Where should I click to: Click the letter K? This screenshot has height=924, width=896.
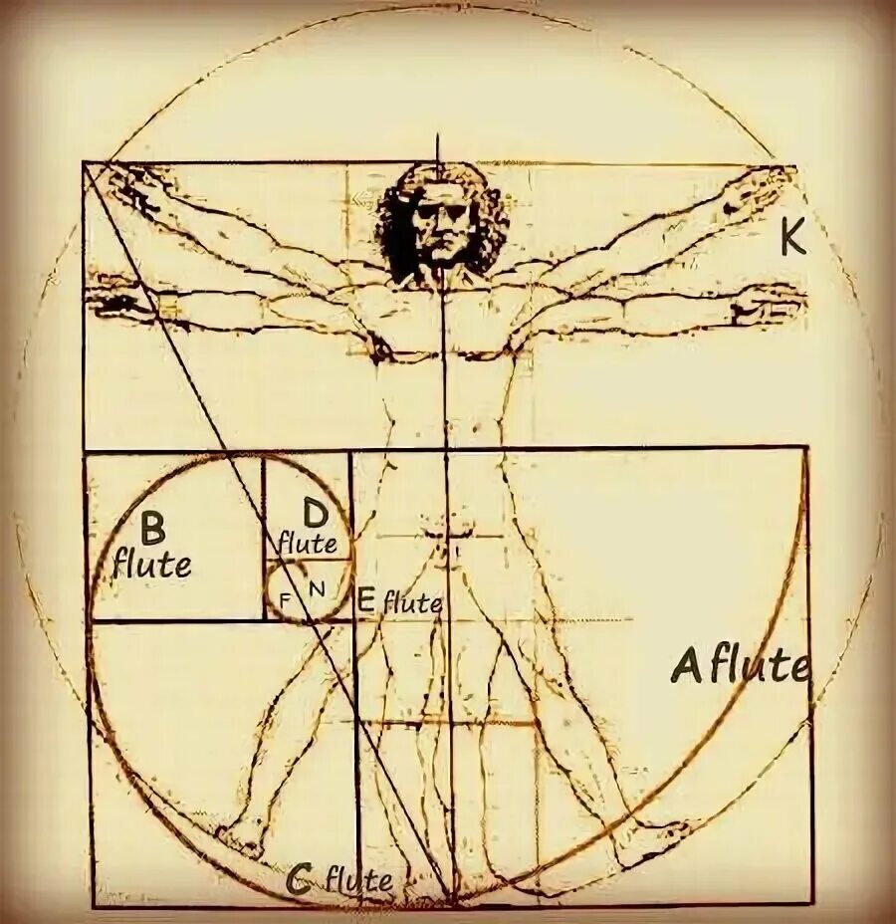pyautogui.click(x=791, y=239)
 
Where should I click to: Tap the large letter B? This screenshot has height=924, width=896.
pyautogui.click(x=152, y=526)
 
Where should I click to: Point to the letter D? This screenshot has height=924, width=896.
pyautogui.click(x=314, y=514)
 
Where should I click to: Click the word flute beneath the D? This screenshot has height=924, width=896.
pyautogui.click(x=307, y=544)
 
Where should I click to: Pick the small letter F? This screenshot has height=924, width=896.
pyautogui.click(x=286, y=599)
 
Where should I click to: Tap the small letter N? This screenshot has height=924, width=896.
pyautogui.click(x=317, y=588)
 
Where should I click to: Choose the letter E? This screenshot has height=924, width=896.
pyautogui.click(x=365, y=599)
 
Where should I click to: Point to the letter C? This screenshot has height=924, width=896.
pyautogui.click(x=297, y=879)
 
